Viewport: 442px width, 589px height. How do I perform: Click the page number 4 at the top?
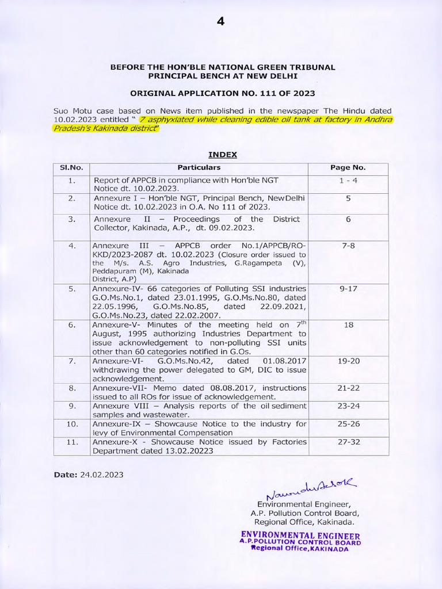pos(220,21)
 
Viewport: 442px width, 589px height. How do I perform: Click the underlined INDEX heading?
pos(222,155)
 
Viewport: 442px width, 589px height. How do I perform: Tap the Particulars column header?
pos(199,168)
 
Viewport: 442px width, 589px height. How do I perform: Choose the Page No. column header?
pos(348,168)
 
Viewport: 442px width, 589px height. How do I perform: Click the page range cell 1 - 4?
pos(348,180)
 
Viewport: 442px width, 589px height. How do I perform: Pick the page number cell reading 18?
pos(348,325)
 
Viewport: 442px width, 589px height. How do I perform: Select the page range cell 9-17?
pos(348,288)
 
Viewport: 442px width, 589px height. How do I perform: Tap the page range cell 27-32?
pos(348,442)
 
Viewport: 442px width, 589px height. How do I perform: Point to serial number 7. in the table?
pos(72,361)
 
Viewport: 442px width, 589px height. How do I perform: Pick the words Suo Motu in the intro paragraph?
pos(71,110)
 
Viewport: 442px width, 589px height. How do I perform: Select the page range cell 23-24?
pos(348,406)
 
